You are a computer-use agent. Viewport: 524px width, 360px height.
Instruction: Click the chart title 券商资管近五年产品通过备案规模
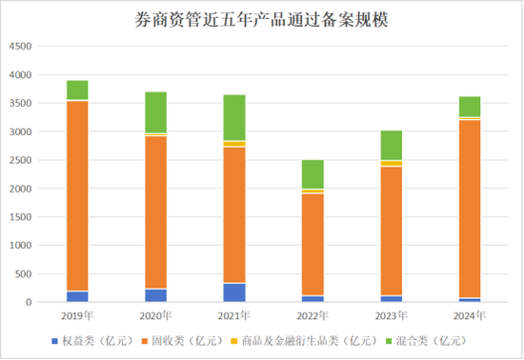tap(262, 18)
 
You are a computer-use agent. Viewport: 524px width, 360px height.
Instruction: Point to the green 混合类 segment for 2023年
tap(391, 145)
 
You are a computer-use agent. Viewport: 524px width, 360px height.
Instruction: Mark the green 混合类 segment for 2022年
tap(312, 174)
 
